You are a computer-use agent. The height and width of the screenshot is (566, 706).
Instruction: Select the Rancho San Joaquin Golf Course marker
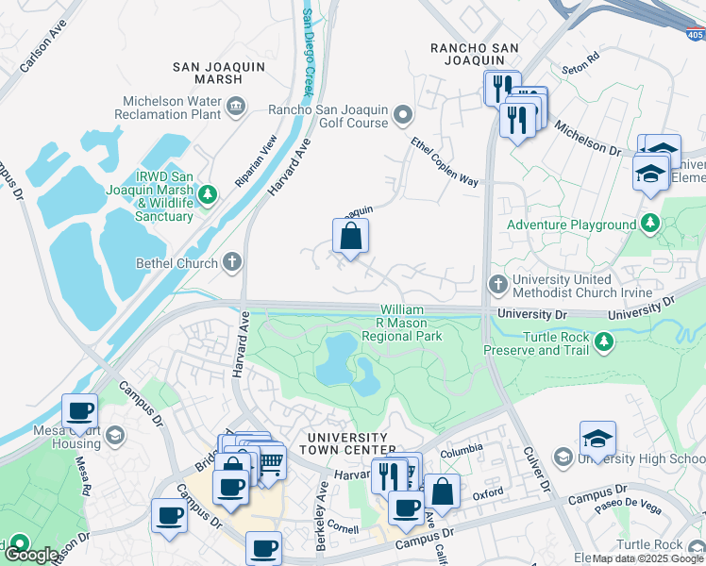(403, 116)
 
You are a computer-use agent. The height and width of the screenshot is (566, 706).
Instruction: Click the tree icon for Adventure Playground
(649, 225)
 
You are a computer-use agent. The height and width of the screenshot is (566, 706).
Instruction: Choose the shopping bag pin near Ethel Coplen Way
(350, 239)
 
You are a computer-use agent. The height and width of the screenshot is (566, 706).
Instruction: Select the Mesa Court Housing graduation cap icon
(114, 435)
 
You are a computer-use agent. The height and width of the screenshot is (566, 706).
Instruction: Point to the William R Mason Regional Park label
(411, 323)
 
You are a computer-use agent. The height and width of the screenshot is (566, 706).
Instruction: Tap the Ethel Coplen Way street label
(444, 162)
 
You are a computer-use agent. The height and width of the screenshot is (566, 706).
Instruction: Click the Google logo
(31, 554)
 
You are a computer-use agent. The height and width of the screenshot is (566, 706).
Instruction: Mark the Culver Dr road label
(536, 472)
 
